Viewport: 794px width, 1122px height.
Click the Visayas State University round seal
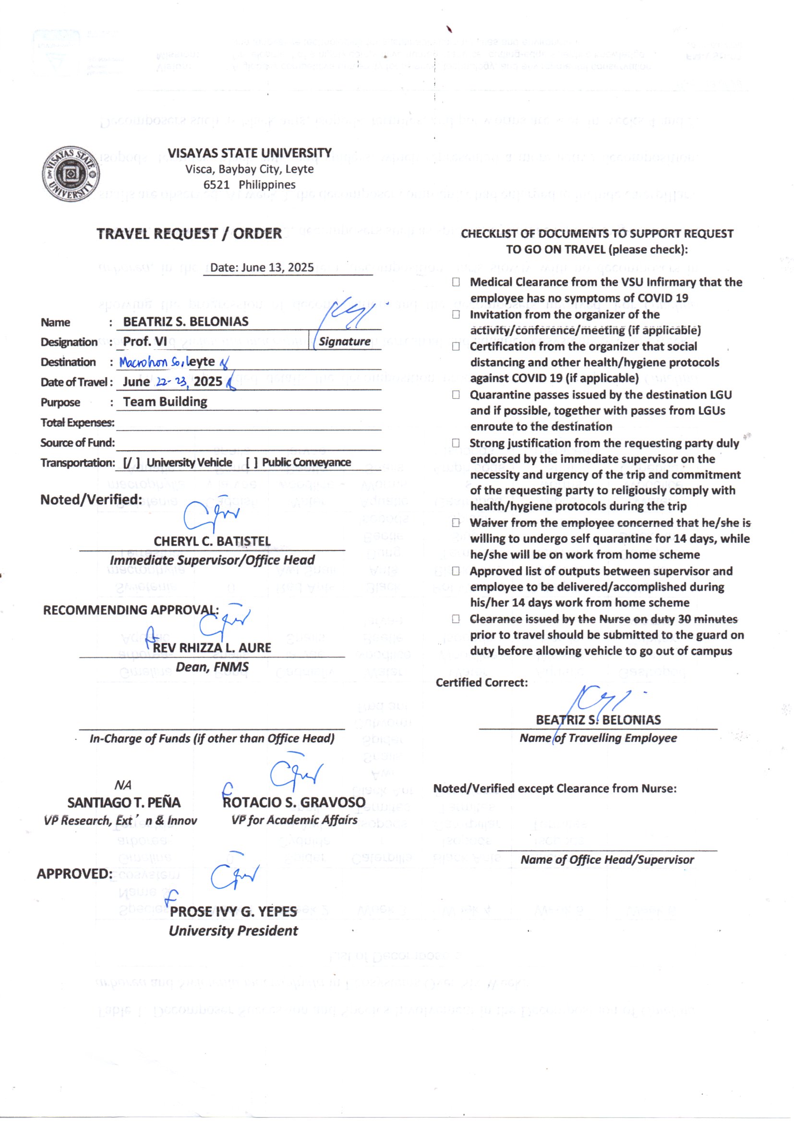[x=72, y=174]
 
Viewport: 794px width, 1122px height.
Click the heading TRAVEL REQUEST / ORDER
[x=189, y=234]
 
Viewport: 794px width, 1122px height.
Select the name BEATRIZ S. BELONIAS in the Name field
[x=185, y=322]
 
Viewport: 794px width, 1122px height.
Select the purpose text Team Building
[x=165, y=402]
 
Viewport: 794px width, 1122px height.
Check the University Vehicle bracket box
[x=131, y=462]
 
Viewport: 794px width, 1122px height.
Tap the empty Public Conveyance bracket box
[x=252, y=462]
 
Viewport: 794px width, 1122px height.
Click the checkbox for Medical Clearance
[x=456, y=282]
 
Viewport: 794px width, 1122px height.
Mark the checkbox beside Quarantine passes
[x=456, y=394]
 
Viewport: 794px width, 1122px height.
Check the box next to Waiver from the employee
[x=456, y=523]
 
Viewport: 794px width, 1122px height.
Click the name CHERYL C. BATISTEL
[x=212, y=541]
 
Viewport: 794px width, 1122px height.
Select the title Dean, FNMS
[x=212, y=667]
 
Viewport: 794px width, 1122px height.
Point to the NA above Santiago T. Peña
[x=123, y=785]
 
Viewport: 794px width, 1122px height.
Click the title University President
[x=233, y=931]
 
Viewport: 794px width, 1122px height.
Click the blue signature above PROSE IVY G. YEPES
[x=234, y=878]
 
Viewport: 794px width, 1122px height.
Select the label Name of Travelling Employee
[x=598, y=738]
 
